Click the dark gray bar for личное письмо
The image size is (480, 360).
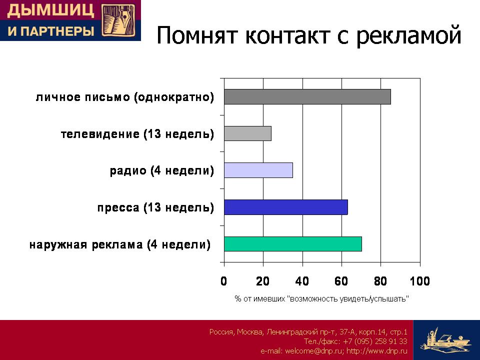(x=307, y=96)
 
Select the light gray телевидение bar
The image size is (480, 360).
(x=247, y=133)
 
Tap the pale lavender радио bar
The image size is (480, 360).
(x=258, y=170)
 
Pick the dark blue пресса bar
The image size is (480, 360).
(x=286, y=207)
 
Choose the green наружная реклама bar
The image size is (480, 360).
(x=293, y=244)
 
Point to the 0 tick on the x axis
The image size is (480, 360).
(x=224, y=281)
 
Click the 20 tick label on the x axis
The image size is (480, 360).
(x=263, y=281)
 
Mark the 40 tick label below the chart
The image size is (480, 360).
(x=302, y=281)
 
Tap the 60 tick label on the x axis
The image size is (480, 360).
(x=341, y=281)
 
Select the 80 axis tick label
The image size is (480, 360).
(x=380, y=281)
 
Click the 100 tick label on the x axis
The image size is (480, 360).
(x=419, y=281)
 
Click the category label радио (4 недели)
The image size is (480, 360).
(x=162, y=170)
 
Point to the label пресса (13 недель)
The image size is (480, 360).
(x=156, y=207)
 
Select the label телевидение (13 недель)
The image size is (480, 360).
(x=137, y=134)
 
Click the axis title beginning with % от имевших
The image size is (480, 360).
(x=321, y=298)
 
